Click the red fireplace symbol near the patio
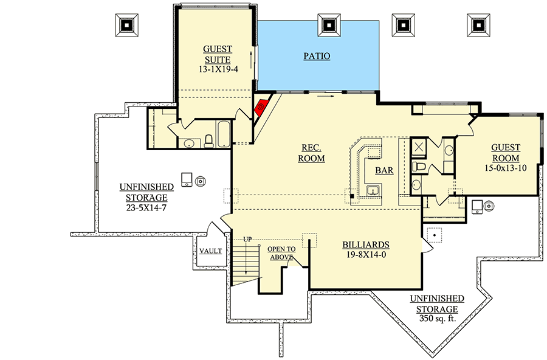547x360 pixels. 262,106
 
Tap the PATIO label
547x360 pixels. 317,57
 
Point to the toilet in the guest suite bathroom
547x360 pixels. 208,141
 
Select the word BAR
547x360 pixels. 384,171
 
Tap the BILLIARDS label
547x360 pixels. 365,244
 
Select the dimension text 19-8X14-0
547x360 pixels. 365,254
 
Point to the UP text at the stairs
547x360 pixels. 247,239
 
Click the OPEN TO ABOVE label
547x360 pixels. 281,252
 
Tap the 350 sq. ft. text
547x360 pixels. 437,318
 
